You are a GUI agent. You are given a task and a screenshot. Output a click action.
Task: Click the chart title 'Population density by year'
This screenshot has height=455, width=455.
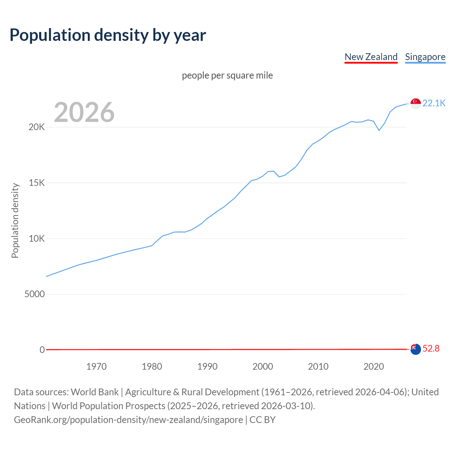[x=108, y=35]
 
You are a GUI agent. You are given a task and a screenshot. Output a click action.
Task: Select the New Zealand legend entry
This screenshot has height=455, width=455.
[x=371, y=57]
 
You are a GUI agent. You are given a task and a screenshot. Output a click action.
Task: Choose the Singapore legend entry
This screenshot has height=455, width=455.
[x=425, y=57]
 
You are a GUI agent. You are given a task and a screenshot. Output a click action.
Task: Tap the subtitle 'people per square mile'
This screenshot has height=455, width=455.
[x=227, y=75]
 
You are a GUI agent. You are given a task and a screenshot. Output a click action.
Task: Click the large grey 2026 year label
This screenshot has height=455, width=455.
[x=84, y=112]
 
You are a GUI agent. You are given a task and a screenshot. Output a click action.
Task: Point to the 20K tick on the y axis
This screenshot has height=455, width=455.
[x=37, y=127]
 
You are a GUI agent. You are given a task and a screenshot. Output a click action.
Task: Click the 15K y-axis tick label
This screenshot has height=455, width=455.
[x=37, y=183]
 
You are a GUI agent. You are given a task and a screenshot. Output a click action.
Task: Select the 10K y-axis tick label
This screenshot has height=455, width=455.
[x=37, y=239]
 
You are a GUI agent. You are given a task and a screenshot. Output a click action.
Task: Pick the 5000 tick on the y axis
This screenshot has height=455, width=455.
[x=34, y=294]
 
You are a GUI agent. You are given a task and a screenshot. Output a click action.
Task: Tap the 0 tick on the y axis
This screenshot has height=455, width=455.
[x=42, y=350]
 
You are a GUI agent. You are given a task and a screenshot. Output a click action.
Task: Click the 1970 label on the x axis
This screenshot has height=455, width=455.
[x=96, y=366]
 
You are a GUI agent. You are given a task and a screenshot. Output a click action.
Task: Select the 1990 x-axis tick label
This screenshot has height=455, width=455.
[x=207, y=366]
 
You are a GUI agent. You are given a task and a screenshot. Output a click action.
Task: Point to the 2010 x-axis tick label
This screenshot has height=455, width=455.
[x=318, y=366]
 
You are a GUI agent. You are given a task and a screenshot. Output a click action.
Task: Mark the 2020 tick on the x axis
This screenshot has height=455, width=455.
[x=374, y=366]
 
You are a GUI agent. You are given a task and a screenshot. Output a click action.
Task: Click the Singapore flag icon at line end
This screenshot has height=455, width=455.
[x=416, y=103]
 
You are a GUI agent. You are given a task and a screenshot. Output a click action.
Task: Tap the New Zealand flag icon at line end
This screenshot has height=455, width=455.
[x=416, y=349]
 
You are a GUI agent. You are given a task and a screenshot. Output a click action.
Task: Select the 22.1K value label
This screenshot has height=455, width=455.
[x=434, y=103]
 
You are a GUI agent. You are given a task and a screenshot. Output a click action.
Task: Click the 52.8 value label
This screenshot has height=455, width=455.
[x=431, y=349]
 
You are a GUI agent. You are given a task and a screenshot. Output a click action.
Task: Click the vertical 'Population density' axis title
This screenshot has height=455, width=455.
[x=15, y=220]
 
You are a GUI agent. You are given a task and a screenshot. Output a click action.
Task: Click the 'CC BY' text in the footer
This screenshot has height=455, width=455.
[x=262, y=420]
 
